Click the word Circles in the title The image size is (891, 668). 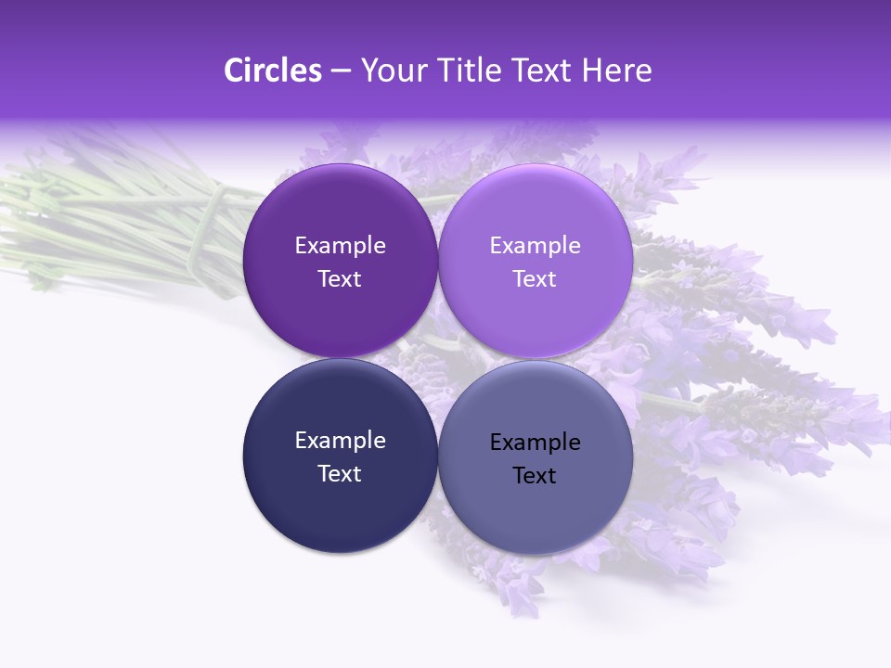point(272,71)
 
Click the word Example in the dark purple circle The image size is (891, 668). point(340,246)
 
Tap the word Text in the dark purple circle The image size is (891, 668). point(340,279)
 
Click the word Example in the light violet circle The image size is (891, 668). point(536,246)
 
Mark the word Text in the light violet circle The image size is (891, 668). point(536,279)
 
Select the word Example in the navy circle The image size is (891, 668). point(340,441)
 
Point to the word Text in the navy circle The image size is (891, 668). point(340,474)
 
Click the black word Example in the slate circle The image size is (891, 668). point(536,443)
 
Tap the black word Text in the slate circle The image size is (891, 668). point(536,476)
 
